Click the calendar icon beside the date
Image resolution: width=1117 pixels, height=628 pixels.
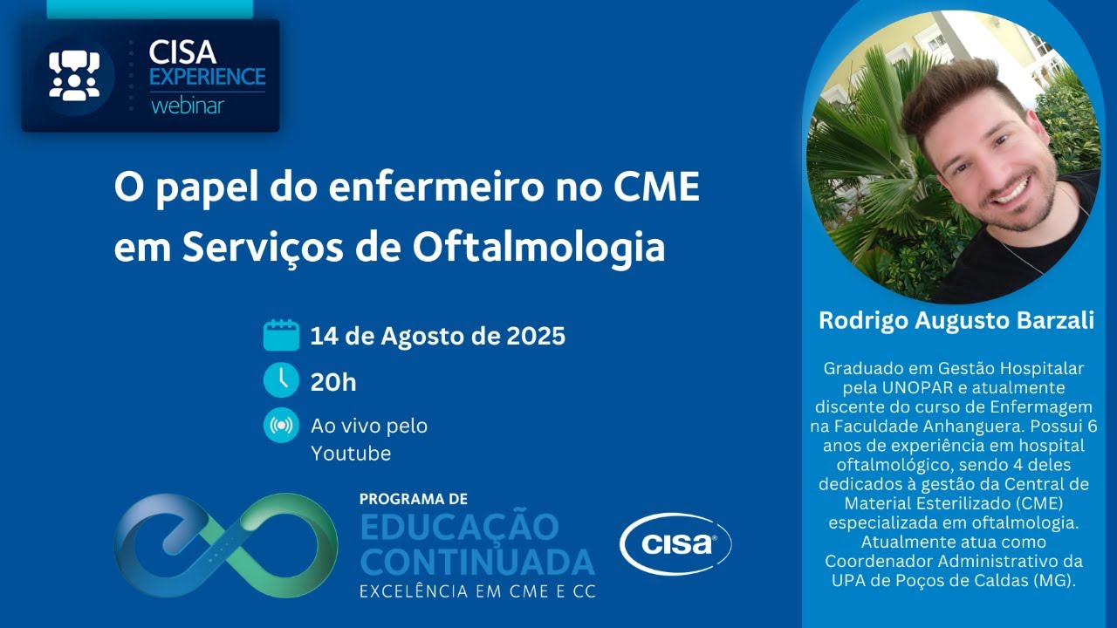point(281,336)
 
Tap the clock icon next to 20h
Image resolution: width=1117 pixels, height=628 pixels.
point(281,381)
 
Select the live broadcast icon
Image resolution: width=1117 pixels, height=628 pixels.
point(281,427)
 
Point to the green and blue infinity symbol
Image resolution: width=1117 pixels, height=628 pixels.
point(225,544)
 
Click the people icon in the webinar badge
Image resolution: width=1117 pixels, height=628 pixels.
point(74,76)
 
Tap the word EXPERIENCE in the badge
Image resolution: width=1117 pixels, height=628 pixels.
point(207,77)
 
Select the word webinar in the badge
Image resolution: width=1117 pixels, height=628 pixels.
point(187,106)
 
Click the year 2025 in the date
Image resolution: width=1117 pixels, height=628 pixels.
point(536,336)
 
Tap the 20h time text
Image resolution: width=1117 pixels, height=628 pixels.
point(333,382)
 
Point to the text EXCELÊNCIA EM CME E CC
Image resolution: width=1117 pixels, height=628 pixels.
point(477,591)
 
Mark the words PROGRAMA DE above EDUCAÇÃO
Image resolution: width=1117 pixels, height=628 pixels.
point(413,499)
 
